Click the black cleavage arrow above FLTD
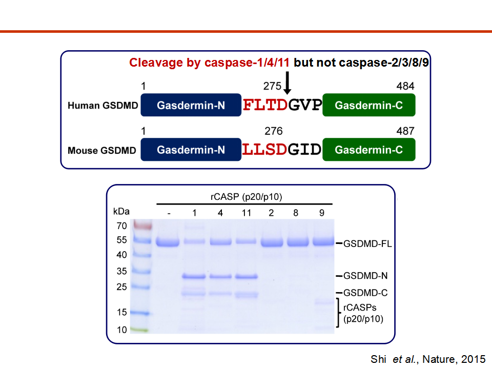pyautogui.click(x=287, y=83)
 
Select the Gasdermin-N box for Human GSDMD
pyautogui.click(x=191, y=105)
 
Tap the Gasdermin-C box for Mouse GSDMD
pyautogui.click(x=368, y=150)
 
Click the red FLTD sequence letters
pyautogui.click(x=265, y=105)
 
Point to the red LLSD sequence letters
pyautogui.click(x=264, y=150)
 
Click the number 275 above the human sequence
pyautogui.click(x=272, y=86)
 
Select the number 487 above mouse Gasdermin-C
pyautogui.click(x=405, y=131)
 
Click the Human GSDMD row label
pyautogui.click(x=102, y=106)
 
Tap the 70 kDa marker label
pyautogui.click(x=121, y=225)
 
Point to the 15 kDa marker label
pyautogui.click(x=121, y=312)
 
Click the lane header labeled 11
pyautogui.click(x=247, y=213)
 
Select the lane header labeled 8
pyautogui.click(x=296, y=213)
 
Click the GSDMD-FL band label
pyautogui.click(x=367, y=244)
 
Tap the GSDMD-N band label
pyautogui.click(x=365, y=276)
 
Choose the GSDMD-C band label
pyautogui.click(x=365, y=293)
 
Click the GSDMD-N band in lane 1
pyautogui.click(x=194, y=276)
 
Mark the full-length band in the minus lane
pyautogui.click(x=168, y=242)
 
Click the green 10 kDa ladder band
pyautogui.click(x=140, y=330)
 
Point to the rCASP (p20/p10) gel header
pyautogui.click(x=247, y=197)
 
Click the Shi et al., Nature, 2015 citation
pyautogui.click(x=428, y=359)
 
